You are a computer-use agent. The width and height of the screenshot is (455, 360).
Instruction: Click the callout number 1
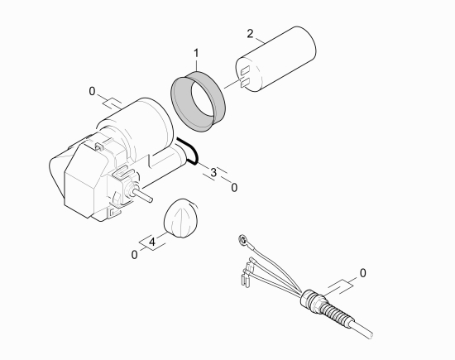[x=196, y=54]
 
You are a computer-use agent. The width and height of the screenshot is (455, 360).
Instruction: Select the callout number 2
[x=250, y=34]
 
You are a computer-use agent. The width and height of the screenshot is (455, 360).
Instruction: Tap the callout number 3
[x=213, y=172]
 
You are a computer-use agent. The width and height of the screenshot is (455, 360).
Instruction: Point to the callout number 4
[x=152, y=242]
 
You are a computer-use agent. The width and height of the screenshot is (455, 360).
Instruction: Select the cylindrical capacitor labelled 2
[x=275, y=59]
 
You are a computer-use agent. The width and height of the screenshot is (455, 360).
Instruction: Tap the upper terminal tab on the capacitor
[x=245, y=70]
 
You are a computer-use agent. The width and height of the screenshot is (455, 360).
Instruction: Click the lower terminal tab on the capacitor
[x=245, y=83]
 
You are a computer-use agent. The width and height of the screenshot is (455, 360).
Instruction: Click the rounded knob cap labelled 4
[x=181, y=218]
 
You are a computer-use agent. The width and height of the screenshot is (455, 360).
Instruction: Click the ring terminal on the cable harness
[x=242, y=240]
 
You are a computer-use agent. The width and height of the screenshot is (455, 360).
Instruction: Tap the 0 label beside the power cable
[x=362, y=273]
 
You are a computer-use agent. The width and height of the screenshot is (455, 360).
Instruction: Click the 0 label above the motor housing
[x=92, y=92]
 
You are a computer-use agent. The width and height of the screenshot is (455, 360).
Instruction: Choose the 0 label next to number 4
[x=134, y=255]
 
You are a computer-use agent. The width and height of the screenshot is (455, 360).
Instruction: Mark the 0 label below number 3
[x=234, y=188]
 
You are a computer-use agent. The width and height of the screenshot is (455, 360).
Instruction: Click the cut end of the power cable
[x=370, y=334]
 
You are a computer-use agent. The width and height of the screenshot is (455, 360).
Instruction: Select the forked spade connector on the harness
[x=245, y=278]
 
